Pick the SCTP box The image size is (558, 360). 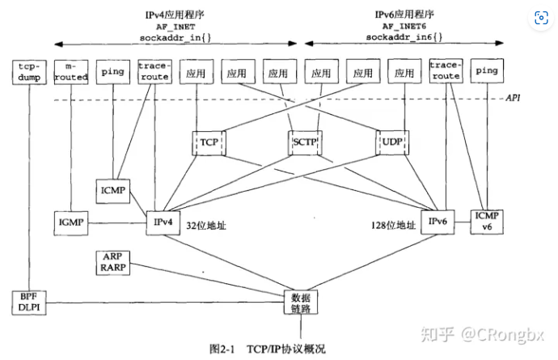(x=306, y=142)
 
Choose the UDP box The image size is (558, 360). (x=394, y=142)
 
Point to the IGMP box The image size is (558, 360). (x=71, y=221)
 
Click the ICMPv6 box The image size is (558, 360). (x=487, y=221)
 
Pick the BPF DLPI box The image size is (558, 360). (x=30, y=301)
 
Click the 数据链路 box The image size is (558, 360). (x=300, y=302)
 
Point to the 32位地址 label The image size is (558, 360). (x=205, y=227)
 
